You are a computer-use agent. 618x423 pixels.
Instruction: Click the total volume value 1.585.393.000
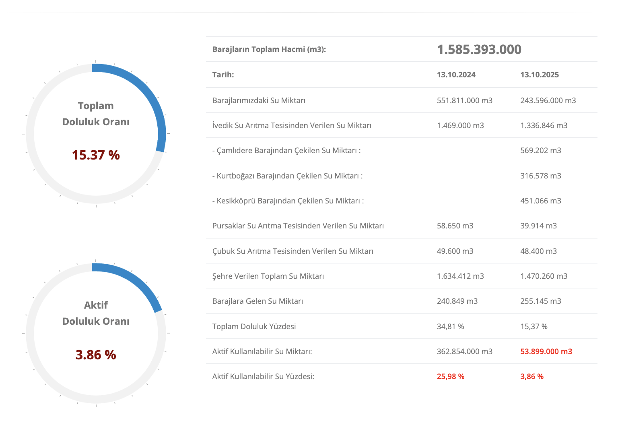pyautogui.click(x=479, y=50)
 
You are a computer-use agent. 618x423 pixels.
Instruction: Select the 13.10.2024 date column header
pyautogui.click(x=456, y=75)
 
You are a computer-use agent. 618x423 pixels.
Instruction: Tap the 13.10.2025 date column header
pyautogui.click(x=539, y=75)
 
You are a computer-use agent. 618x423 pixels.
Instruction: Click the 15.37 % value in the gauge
pyautogui.click(x=96, y=155)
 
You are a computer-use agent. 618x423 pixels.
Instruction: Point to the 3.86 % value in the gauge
pyautogui.click(x=96, y=355)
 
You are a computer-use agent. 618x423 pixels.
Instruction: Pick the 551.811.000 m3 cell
pyautogui.click(x=464, y=100)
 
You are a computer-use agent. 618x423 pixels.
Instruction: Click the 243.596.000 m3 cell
pyautogui.click(x=548, y=100)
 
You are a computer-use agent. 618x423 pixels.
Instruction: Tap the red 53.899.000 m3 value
pyautogui.click(x=546, y=351)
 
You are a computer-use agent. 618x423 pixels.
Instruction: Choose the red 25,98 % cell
pyautogui.click(x=450, y=376)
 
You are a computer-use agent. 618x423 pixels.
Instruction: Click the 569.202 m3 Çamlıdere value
pyautogui.click(x=540, y=150)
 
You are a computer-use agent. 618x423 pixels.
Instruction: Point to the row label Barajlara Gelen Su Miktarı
pyautogui.click(x=257, y=301)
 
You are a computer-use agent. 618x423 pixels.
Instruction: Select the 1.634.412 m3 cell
pyautogui.click(x=460, y=276)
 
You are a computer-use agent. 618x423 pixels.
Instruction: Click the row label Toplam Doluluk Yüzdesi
pyautogui.click(x=254, y=326)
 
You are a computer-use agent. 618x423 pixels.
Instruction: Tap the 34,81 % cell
pyautogui.click(x=450, y=326)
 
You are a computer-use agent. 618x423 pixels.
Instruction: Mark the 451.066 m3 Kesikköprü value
pyautogui.click(x=540, y=201)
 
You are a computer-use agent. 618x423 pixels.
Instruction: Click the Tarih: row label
pyautogui.click(x=223, y=75)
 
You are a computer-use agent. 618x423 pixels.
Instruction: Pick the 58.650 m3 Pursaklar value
pyautogui.click(x=455, y=226)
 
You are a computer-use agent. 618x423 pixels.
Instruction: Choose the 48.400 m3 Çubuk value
pyautogui.click(x=538, y=251)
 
